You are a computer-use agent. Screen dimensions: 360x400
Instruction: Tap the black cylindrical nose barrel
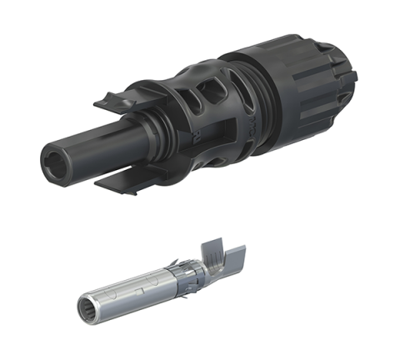click(100, 147)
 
